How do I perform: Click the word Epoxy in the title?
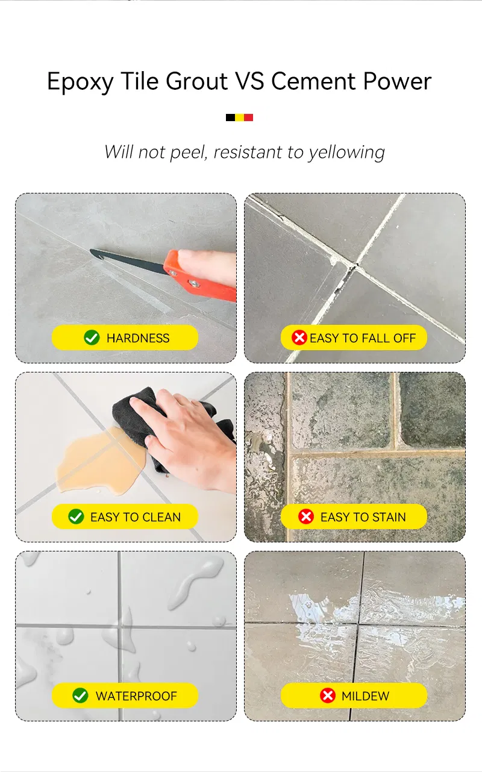(x=80, y=82)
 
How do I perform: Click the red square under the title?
(x=248, y=118)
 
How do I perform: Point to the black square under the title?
(x=230, y=118)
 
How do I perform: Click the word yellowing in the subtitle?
(x=346, y=152)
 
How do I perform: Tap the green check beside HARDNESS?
(x=92, y=338)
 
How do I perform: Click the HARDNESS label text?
(x=138, y=338)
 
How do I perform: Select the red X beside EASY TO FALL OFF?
(x=299, y=338)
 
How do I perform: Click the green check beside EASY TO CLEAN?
(x=76, y=516)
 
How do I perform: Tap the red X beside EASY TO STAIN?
(x=306, y=516)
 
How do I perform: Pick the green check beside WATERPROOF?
(x=80, y=695)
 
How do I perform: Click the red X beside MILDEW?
(x=327, y=695)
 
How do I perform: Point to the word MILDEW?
(x=365, y=696)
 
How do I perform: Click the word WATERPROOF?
(x=136, y=696)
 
